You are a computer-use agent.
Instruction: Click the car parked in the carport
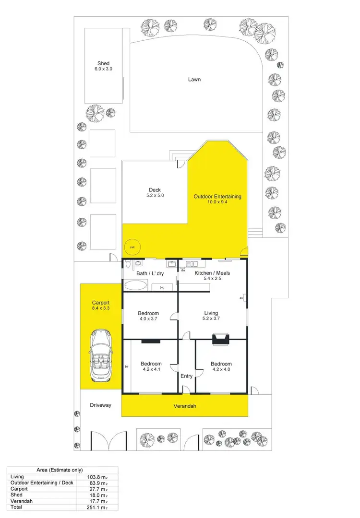(101, 353)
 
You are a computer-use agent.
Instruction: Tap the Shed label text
(103, 63)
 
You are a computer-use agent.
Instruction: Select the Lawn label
(194, 79)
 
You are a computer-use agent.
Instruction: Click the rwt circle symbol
(130, 247)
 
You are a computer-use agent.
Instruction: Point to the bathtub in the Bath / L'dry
(136, 286)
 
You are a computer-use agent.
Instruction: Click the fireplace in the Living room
(221, 340)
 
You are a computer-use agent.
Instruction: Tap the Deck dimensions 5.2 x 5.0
(155, 196)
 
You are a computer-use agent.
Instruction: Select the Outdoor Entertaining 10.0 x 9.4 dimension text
(217, 202)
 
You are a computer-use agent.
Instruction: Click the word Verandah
(185, 406)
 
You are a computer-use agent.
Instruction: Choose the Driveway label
(101, 405)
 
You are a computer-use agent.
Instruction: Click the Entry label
(186, 376)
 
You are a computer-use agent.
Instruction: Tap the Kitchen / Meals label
(212, 273)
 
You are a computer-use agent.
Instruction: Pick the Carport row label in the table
(19, 489)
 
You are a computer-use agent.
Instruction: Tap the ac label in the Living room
(241, 298)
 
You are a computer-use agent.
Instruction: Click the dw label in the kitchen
(183, 270)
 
